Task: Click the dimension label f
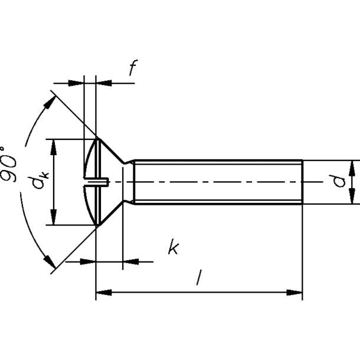[x=133, y=67]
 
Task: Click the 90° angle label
[x=9, y=164]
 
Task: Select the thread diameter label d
[x=339, y=181]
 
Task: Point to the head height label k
[x=174, y=247]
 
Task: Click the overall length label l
[x=199, y=277]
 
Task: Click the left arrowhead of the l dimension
[x=104, y=293]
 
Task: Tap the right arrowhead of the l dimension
[x=294, y=293]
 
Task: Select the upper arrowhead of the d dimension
[x=352, y=169]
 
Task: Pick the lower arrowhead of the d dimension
[x=352, y=196]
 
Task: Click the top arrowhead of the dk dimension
[x=54, y=147]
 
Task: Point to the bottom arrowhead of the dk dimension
[x=54, y=217]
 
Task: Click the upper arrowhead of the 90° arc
[x=50, y=103]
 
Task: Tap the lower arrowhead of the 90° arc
[x=50, y=261]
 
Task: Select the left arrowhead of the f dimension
[x=76, y=83]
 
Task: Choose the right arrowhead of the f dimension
[x=104, y=83]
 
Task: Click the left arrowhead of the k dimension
[x=88, y=261]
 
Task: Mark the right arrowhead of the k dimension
[x=131, y=261]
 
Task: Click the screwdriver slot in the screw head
[x=96, y=181]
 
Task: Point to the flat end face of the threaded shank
[x=303, y=182]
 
